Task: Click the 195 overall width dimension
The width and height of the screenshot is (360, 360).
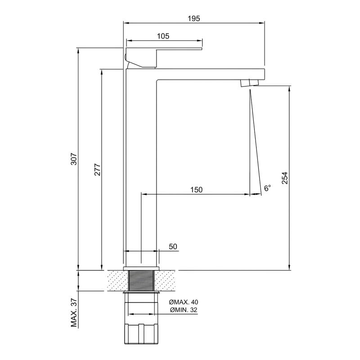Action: [194, 18]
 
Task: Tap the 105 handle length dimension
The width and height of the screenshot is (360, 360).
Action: [163, 36]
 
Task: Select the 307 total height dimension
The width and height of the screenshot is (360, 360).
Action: [74, 159]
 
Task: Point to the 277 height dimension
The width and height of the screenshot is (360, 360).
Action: [98, 170]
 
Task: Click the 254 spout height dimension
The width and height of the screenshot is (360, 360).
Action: [285, 178]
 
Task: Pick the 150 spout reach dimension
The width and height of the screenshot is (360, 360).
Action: [197, 190]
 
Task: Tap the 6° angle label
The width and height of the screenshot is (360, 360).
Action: [267, 188]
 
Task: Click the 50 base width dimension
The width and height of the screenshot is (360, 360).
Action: [173, 247]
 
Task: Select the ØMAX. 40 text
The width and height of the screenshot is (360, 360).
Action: [184, 302]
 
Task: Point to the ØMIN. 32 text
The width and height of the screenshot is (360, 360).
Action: [184, 310]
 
